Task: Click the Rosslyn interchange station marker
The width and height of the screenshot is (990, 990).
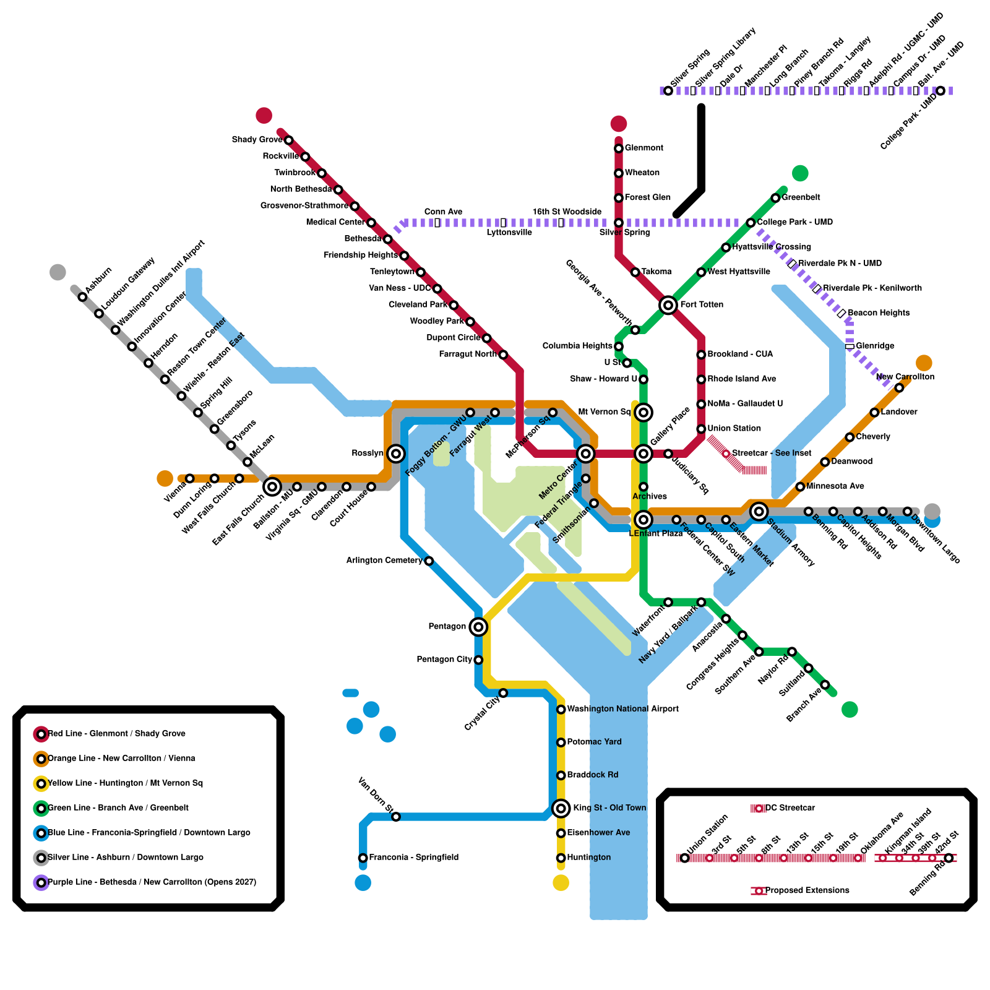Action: point(396,454)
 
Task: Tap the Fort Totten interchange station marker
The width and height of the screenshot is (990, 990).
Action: point(668,305)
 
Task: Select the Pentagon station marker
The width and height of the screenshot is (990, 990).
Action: point(478,627)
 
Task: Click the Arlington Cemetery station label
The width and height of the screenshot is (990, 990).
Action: point(384,561)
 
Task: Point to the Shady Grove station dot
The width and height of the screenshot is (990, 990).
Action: point(288,140)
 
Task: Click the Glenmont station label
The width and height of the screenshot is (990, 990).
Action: point(643,148)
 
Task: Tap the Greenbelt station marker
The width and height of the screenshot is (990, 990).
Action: point(775,198)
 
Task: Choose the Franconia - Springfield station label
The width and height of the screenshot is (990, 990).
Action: point(413,858)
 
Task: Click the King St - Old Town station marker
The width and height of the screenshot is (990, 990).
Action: point(561,808)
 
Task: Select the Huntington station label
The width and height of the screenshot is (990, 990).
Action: point(588,858)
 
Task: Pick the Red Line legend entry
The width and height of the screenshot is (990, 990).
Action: point(116,734)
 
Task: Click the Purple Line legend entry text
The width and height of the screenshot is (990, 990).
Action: point(152,882)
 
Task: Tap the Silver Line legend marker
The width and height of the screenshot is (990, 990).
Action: point(41,858)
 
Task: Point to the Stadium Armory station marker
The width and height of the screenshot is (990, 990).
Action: point(759,511)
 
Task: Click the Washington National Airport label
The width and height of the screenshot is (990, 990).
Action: point(622,709)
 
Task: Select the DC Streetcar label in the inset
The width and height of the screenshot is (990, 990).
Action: point(790,808)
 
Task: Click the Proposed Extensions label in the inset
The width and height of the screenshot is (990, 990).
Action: point(807,890)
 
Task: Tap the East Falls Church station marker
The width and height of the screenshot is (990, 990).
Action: point(272,486)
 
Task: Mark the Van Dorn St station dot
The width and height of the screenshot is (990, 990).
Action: point(396,817)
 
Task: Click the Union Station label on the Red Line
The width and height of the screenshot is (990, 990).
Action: point(734,428)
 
